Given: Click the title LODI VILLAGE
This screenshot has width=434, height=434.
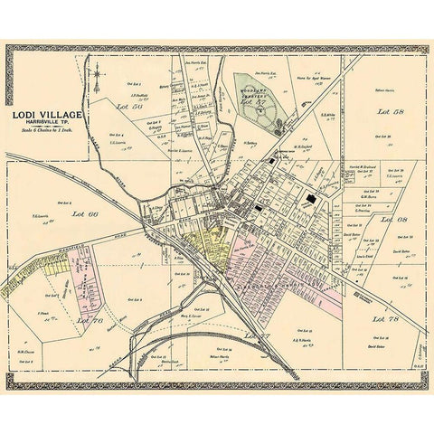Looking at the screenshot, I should point(46,115).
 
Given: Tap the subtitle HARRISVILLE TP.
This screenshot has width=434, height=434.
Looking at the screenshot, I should point(46,123).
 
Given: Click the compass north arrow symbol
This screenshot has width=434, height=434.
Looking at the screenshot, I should point(99,83).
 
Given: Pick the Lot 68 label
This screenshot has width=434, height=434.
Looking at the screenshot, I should point(392,219).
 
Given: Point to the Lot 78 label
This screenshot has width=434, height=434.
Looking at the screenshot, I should point(391,319).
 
